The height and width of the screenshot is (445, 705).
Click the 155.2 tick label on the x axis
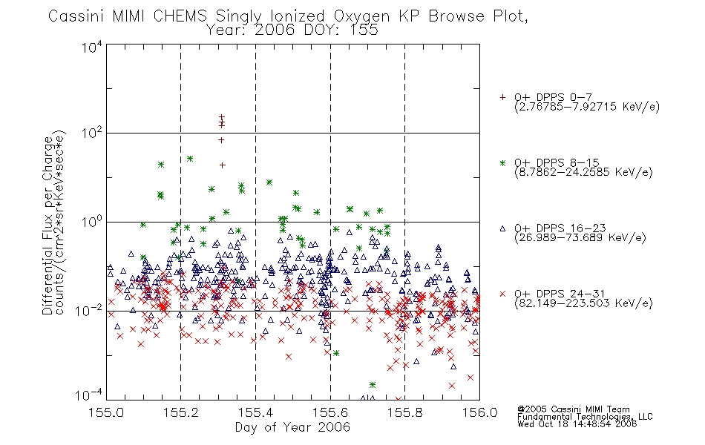click(x=181, y=412)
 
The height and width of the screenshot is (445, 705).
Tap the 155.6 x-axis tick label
click(x=330, y=412)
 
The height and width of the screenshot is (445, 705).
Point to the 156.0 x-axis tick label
click(x=479, y=412)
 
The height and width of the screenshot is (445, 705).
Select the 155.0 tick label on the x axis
click(x=106, y=412)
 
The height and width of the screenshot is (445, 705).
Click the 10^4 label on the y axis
click(x=92, y=47)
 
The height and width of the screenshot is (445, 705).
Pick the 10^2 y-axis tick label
click(x=92, y=133)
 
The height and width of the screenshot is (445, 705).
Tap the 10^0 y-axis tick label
click(x=92, y=222)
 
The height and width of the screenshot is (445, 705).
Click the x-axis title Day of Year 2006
click(x=292, y=427)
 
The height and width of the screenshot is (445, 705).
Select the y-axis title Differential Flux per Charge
click(x=48, y=225)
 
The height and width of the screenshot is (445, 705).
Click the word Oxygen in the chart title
click(x=361, y=16)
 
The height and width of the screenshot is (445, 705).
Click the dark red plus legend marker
click(x=502, y=97)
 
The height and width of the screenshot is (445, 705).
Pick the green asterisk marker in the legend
click(x=502, y=162)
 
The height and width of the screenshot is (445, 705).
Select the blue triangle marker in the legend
click(x=502, y=228)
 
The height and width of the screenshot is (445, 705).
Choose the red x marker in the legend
click(x=502, y=294)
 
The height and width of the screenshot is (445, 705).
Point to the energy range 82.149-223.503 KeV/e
click(x=583, y=303)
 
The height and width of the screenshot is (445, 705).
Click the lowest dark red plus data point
click(x=222, y=165)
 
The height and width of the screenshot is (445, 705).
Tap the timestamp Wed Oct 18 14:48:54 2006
click(x=577, y=424)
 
